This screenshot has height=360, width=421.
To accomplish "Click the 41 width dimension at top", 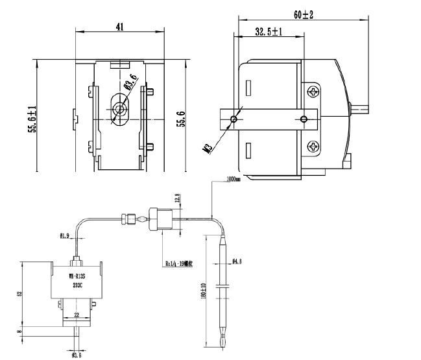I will tap(120, 27).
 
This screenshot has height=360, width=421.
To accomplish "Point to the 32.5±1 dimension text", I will tap(268, 31).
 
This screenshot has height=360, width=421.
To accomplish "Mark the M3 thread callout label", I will tap(208, 149).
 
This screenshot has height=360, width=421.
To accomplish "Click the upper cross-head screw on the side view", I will tap(315, 91).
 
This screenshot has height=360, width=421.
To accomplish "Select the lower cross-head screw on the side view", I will tap(314, 147).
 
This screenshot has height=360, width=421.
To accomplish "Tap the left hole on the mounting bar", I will tap(235, 119).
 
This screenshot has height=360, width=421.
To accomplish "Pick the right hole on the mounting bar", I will tap(304, 119).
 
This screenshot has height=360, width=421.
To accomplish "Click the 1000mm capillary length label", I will tap(233, 180).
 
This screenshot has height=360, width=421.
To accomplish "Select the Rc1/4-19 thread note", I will tap(178, 263).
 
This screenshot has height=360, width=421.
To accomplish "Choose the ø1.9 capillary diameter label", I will tap(65, 235).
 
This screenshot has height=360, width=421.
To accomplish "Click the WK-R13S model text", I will tap(78, 275).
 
